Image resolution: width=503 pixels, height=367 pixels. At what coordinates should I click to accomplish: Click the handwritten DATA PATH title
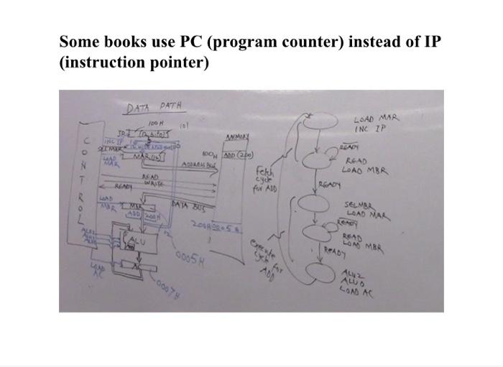click(154, 107)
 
